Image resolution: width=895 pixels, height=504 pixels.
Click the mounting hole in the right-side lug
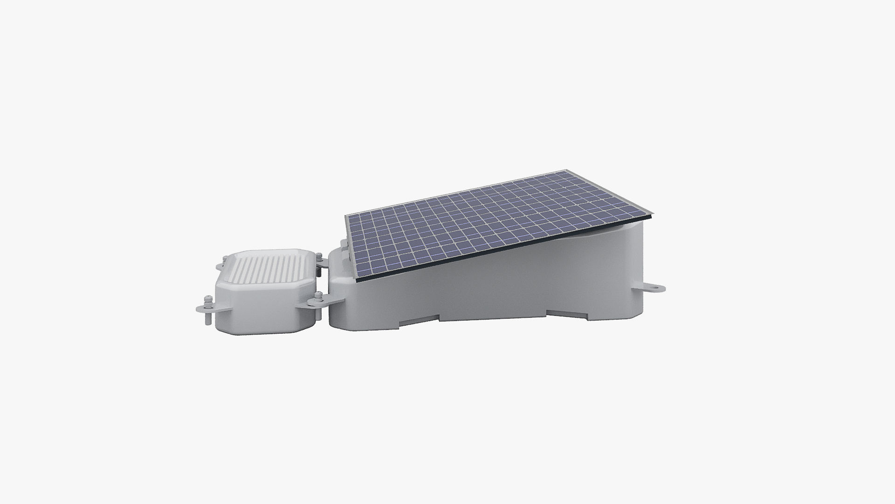[655, 288]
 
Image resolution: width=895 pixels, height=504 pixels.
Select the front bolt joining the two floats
[319, 297]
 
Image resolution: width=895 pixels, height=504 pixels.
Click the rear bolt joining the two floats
[319, 257]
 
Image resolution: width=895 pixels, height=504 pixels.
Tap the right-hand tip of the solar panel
[652, 216]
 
